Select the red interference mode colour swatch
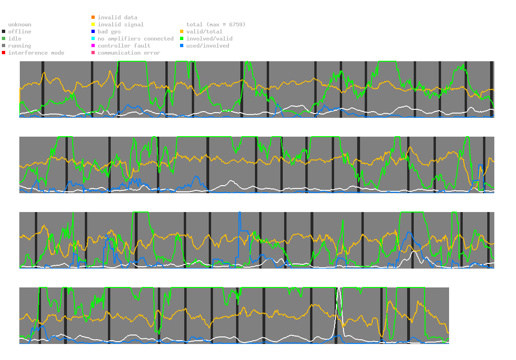coord(3,53)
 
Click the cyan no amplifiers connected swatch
coord(93,39)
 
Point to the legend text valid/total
coord(202,32)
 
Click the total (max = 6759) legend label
coord(216,25)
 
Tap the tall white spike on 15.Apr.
coord(338,302)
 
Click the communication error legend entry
coord(129,53)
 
